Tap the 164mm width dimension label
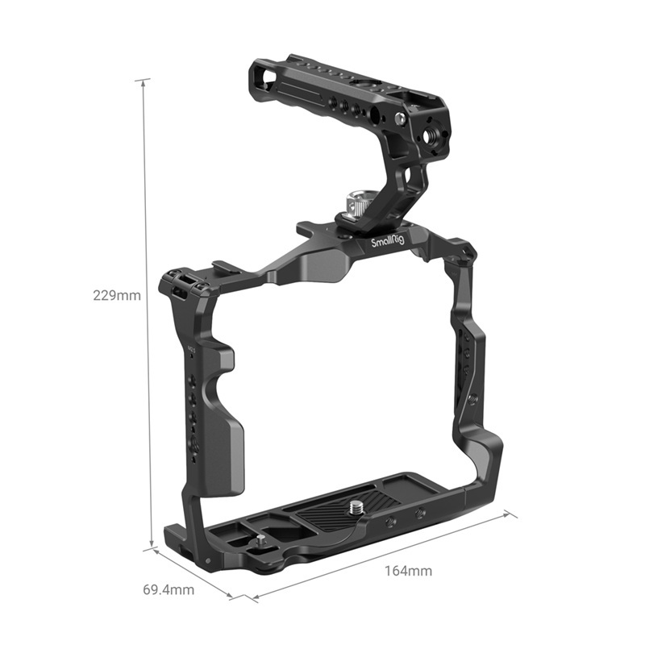pos(407,571)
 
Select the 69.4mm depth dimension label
pos(169,589)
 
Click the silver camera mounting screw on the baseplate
pos(356,507)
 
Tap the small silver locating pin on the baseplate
pos(263,543)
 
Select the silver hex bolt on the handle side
pos(400,119)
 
